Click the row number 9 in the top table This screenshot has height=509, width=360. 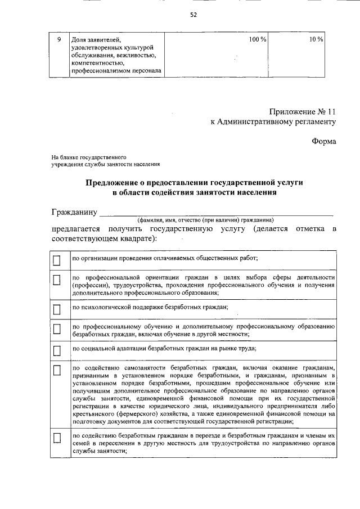pos(59,39)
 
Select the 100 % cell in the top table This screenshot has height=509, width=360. pos(258,39)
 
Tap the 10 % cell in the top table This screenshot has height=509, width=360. pos(316,39)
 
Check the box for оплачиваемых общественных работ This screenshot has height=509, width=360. pos(56,260)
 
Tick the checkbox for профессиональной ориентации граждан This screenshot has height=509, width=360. pos(56,280)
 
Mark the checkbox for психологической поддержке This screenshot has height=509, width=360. pos(56,309)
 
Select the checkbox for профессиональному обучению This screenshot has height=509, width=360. pos(56,330)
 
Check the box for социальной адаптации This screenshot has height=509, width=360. pos(56,350)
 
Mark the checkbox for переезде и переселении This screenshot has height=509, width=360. pos(56,438)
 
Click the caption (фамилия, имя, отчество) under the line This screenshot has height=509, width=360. pos(205,220)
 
